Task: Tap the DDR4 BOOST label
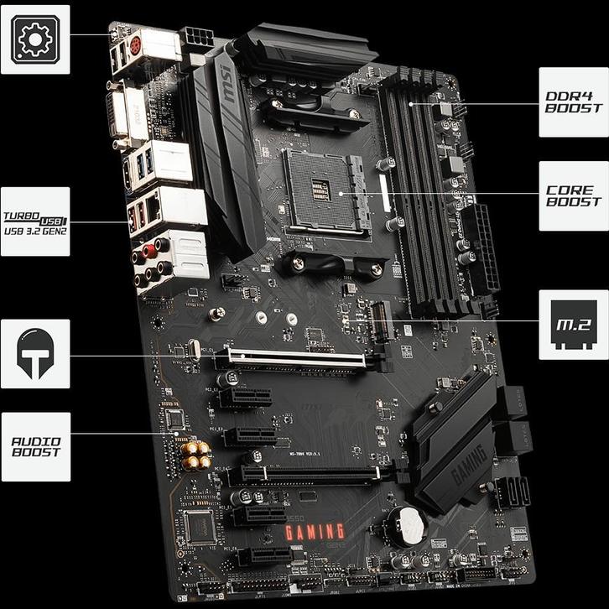click(573, 101)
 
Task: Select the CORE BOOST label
click(573, 195)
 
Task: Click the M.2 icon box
click(573, 324)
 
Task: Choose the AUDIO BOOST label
click(35, 445)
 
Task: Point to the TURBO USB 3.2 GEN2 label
click(34, 221)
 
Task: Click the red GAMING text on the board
click(315, 531)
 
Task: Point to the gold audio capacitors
click(195, 453)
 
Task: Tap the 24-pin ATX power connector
click(484, 249)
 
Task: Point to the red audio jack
click(150, 249)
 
